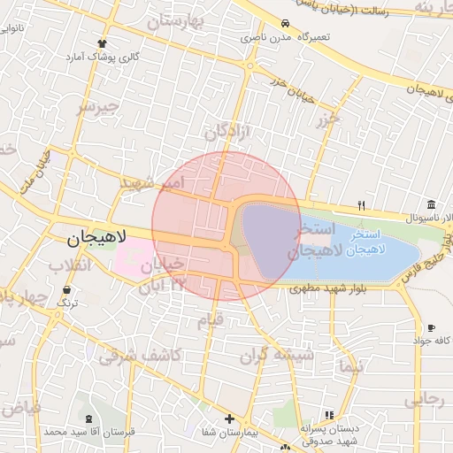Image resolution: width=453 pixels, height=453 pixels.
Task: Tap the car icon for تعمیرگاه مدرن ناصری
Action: [285, 24]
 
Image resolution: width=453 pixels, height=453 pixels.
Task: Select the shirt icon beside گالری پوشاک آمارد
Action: [104, 42]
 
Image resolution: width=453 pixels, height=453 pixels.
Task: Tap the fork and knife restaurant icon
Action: [361, 205]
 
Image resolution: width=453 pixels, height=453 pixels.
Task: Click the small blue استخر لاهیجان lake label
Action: [365, 243]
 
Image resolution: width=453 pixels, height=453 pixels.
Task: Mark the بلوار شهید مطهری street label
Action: [339, 288]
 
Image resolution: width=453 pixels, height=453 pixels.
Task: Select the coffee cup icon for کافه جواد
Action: [431, 327]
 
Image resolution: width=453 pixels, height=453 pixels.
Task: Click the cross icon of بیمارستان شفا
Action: [230, 418]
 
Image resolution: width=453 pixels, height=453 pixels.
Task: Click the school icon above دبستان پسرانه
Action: [328, 415]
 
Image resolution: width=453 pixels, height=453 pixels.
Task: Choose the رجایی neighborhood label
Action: [424, 400]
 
